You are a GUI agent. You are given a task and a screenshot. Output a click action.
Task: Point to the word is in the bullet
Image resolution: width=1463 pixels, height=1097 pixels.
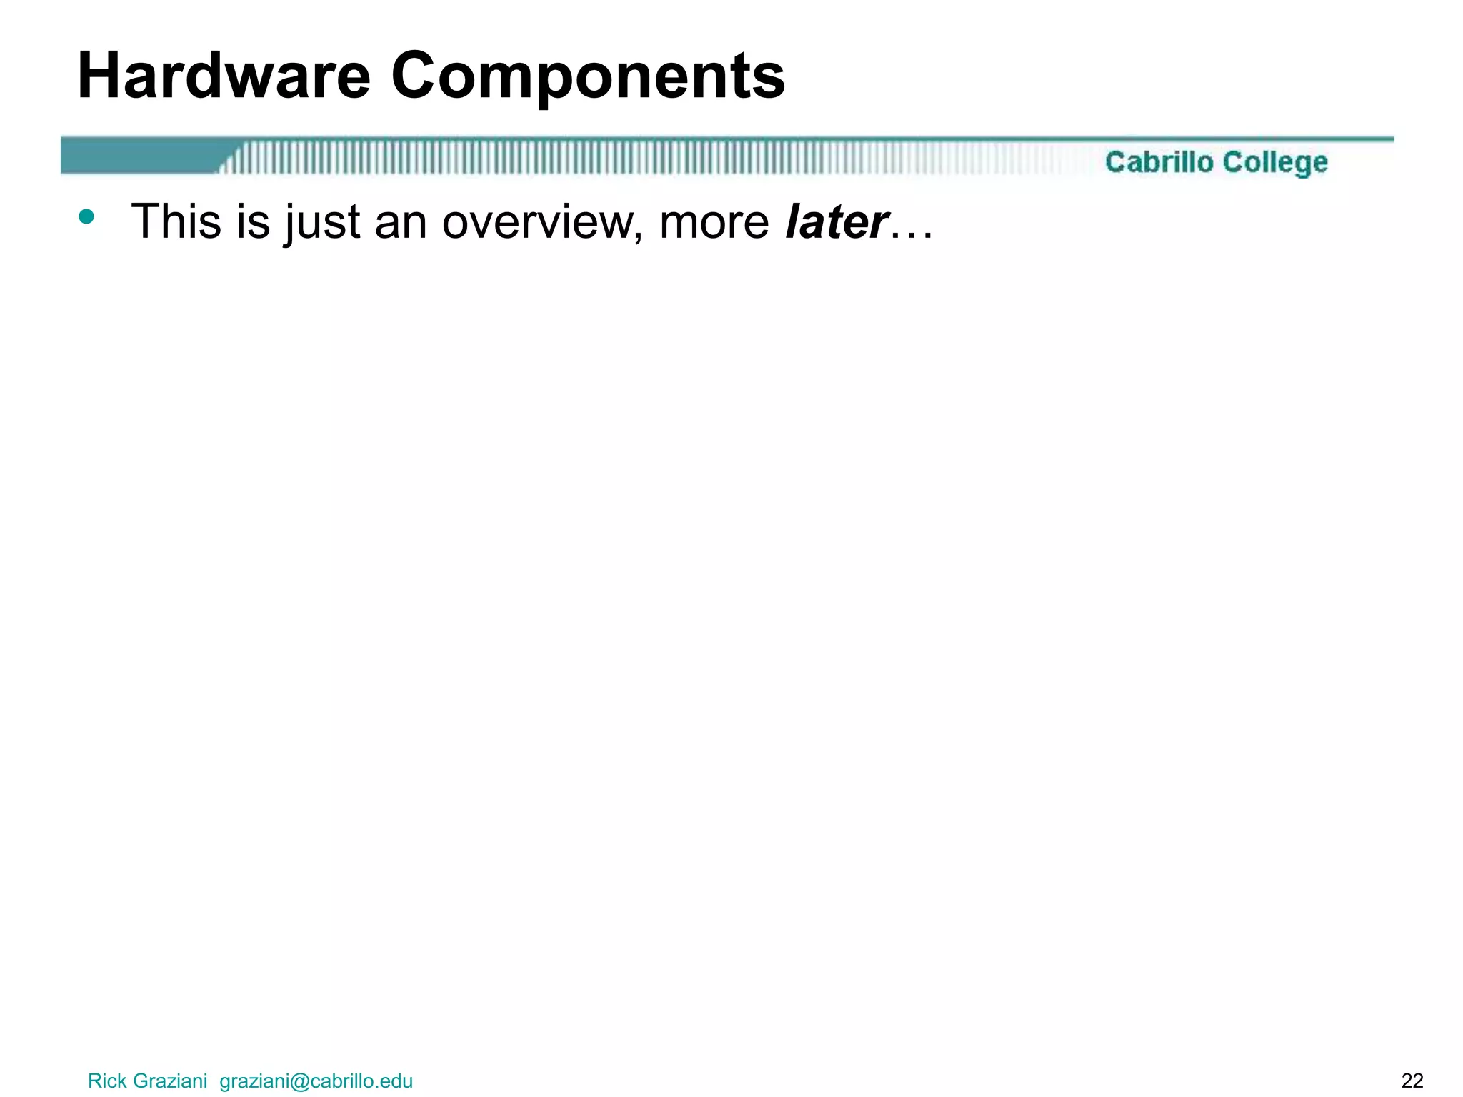click(x=254, y=221)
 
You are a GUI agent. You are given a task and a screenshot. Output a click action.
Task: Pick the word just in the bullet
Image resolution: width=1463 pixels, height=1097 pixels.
click(x=322, y=223)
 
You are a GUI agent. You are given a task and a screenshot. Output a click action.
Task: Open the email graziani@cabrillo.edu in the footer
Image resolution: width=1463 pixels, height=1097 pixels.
click(x=316, y=1081)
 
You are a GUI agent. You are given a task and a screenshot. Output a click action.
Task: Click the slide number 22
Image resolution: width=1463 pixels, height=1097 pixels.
click(x=1412, y=1081)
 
